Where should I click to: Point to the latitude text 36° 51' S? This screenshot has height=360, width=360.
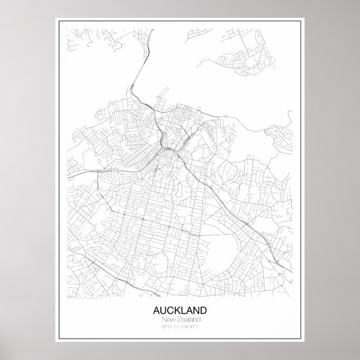(x=168, y=325)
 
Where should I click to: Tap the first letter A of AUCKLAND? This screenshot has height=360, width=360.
(x=155, y=310)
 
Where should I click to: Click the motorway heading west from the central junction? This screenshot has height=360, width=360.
(x=123, y=168)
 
